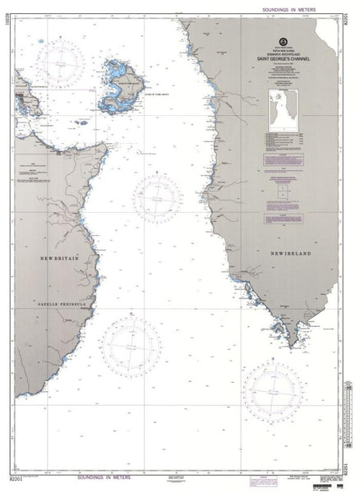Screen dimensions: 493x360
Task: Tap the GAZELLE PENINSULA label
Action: (57, 302)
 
